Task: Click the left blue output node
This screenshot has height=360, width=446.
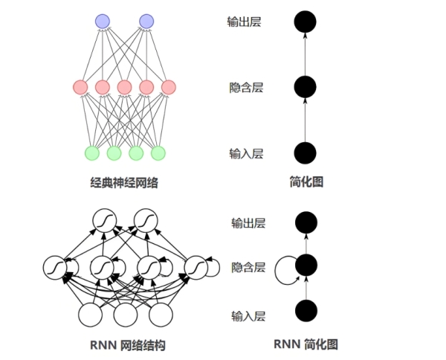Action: (103, 21)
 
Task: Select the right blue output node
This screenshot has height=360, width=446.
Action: (146, 21)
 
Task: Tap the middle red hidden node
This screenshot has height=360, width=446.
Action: (124, 87)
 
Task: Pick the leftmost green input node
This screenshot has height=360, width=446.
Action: (91, 152)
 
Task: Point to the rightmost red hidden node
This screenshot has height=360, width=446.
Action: (169, 87)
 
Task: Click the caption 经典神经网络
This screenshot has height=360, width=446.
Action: (124, 181)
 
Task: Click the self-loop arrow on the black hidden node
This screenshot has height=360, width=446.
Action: (282, 269)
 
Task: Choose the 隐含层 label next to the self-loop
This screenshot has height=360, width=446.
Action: (248, 266)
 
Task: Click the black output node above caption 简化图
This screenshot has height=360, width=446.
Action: (305, 22)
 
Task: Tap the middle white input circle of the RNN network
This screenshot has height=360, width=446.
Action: (125, 315)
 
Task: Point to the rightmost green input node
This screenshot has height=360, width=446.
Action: (158, 152)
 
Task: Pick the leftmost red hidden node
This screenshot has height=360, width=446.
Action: (80, 87)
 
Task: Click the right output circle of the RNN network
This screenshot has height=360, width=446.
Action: (146, 219)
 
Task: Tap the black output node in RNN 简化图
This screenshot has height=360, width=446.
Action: (305, 222)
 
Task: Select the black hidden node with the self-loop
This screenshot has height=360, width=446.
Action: (305, 266)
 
